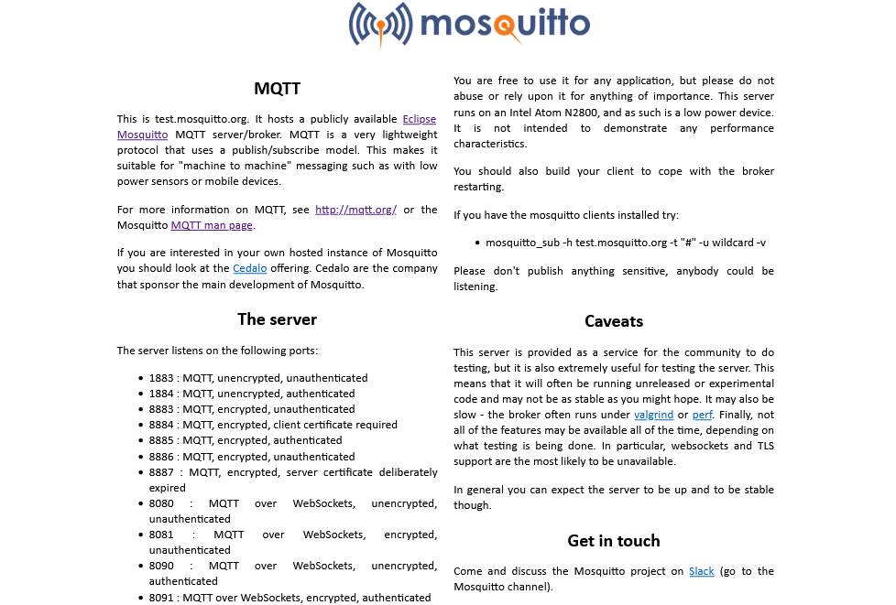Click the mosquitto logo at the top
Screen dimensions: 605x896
coord(469,24)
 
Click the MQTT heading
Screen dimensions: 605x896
coord(277,89)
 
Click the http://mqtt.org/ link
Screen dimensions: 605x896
coord(355,210)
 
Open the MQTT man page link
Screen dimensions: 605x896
coord(212,225)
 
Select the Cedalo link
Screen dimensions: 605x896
coord(250,268)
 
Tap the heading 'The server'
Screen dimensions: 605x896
coord(277,319)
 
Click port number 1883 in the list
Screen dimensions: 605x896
coord(161,378)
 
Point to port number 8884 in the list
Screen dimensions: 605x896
coord(161,425)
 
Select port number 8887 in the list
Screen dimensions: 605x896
coord(161,472)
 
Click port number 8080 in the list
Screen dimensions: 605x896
coord(161,503)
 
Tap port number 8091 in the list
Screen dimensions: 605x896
coord(161,598)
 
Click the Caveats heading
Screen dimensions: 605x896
coord(614,321)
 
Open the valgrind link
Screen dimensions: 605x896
coord(653,415)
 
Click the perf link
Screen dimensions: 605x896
coord(702,415)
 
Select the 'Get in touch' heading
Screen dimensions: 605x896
coord(614,541)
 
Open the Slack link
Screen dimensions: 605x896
coord(701,571)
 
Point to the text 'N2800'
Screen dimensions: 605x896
coord(675,113)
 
